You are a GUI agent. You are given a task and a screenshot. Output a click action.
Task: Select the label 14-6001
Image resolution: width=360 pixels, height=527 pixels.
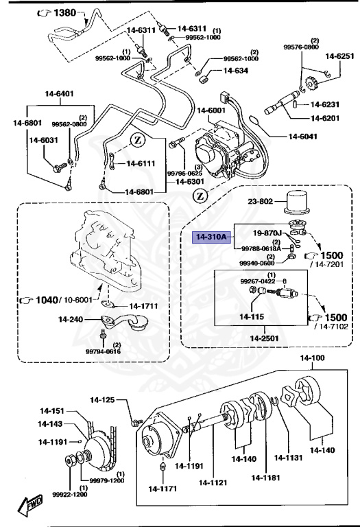coord(212,110)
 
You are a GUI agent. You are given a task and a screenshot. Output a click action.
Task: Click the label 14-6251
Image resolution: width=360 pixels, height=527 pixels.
coord(339,56)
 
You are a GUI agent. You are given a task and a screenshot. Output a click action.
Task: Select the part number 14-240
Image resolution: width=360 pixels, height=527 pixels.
coord(70,319)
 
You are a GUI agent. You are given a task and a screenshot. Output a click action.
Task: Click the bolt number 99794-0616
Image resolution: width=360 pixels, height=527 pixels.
coord(103,351)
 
